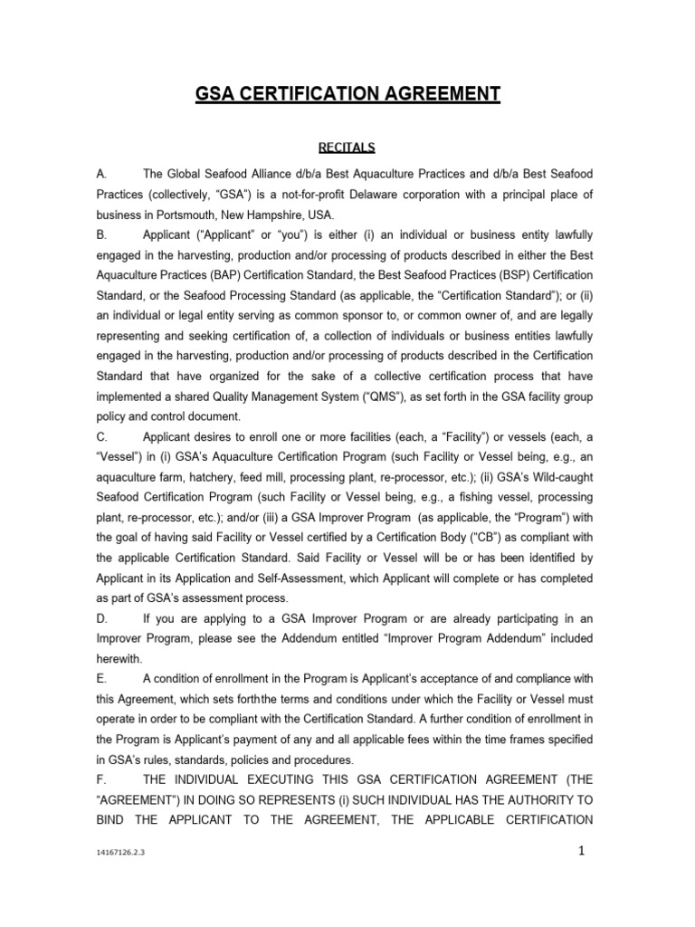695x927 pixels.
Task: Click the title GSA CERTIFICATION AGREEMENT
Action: pos(347,94)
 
